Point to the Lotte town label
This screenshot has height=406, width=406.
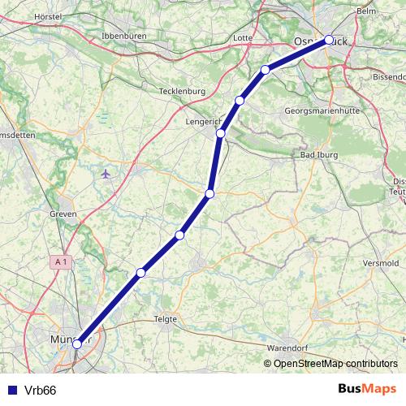click(242, 37)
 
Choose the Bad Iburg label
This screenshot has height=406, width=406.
click(318, 154)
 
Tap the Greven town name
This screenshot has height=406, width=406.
click(63, 214)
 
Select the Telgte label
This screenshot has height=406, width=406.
click(166, 319)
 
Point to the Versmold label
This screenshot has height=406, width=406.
click(382, 264)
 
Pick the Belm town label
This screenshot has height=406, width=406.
click(367, 11)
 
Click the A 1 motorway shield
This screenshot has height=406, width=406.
click(60, 261)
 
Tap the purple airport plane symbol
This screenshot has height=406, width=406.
click(106, 173)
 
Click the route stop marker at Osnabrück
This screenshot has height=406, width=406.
click(329, 39)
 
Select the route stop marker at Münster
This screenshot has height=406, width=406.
click(77, 343)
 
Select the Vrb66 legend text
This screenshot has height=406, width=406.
click(40, 390)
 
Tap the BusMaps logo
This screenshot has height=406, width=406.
click(367, 389)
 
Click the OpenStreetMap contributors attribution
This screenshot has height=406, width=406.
click(335, 364)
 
